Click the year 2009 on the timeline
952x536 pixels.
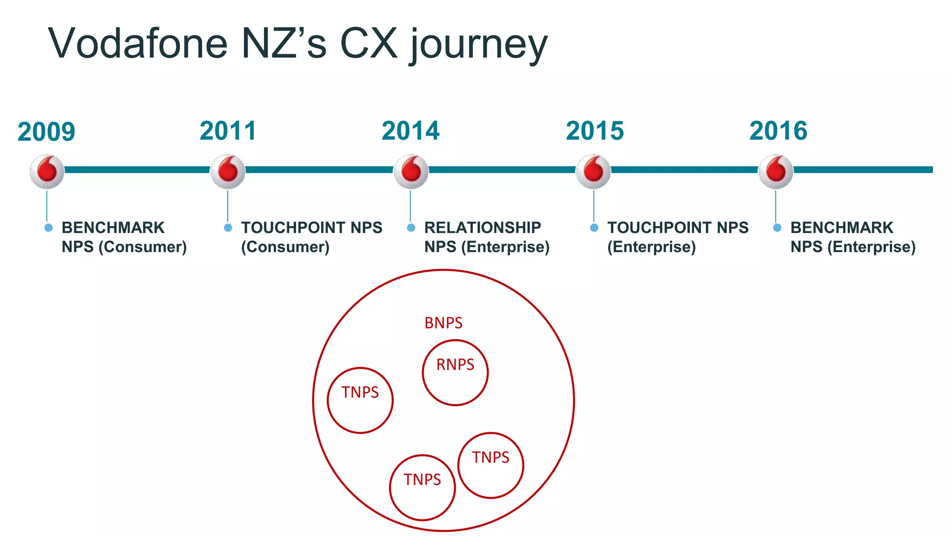click(x=46, y=132)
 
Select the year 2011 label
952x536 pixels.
click(x=228, y=131)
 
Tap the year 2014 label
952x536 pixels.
click(x=410, y=131)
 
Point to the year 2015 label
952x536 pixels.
click(x=595, y=131)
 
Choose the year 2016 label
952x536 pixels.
click(x=778, y=131)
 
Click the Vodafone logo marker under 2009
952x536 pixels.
click(x=47, y=171)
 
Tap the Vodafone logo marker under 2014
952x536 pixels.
click(x=411, y=171)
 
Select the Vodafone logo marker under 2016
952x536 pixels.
click(x=776, y=171)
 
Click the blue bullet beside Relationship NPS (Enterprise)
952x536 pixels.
click(x=411, y=228)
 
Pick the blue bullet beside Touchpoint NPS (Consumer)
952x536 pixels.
click(x=228, y=228)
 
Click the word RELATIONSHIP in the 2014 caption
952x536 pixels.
click(x=483, y=228)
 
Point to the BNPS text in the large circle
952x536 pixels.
click(x=443, y=323)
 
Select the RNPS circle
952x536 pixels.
click(x=455, y=372)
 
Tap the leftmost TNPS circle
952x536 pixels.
click(x=360, y=400)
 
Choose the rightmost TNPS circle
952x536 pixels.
click(x=491, y=465)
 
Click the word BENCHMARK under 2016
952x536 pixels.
click(x=842, y=228)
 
